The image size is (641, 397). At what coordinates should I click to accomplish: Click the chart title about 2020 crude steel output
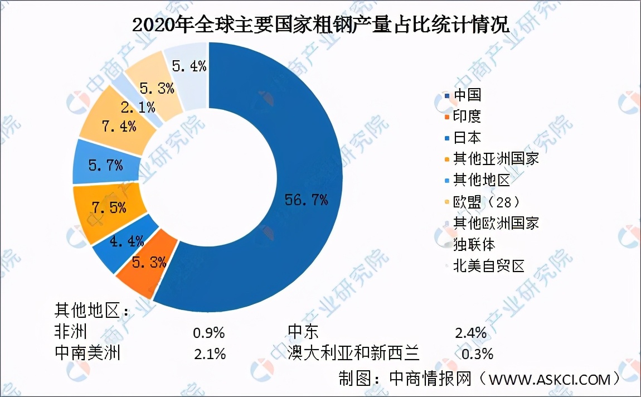[321, 25]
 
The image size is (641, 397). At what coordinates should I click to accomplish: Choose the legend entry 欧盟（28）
[487, 201]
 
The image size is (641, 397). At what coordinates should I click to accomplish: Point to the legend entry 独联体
[474, 244]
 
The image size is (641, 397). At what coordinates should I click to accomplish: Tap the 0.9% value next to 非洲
[208, 333]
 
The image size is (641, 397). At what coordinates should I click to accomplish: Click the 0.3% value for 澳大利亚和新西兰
[478, 354]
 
